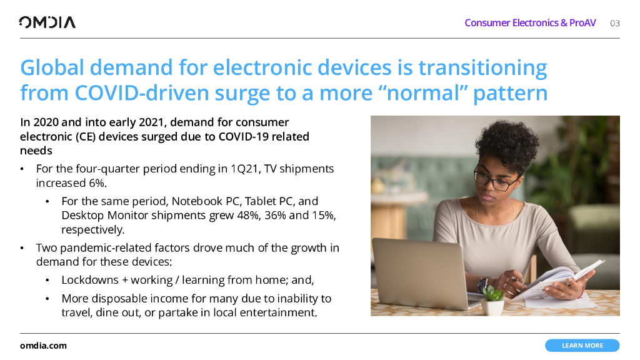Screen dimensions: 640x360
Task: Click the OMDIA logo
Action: (47, 22)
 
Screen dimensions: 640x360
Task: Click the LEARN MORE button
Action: (582, 345)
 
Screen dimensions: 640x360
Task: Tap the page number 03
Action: (615, 23)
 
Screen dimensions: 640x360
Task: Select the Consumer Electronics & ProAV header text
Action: (530, 23)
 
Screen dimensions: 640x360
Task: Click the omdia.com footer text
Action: (43, 346)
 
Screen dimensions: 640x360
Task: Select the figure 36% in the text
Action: (275, 215)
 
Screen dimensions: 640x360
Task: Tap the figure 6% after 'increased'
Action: (97, 183)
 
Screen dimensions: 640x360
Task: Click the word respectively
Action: (92, 230)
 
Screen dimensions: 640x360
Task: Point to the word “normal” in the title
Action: (423, 93)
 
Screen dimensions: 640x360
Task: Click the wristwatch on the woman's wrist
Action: (482, 284)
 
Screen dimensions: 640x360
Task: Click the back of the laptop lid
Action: (421, 271)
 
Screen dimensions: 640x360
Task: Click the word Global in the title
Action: (52, 67)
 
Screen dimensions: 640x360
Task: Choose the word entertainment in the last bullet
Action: (277, 312)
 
